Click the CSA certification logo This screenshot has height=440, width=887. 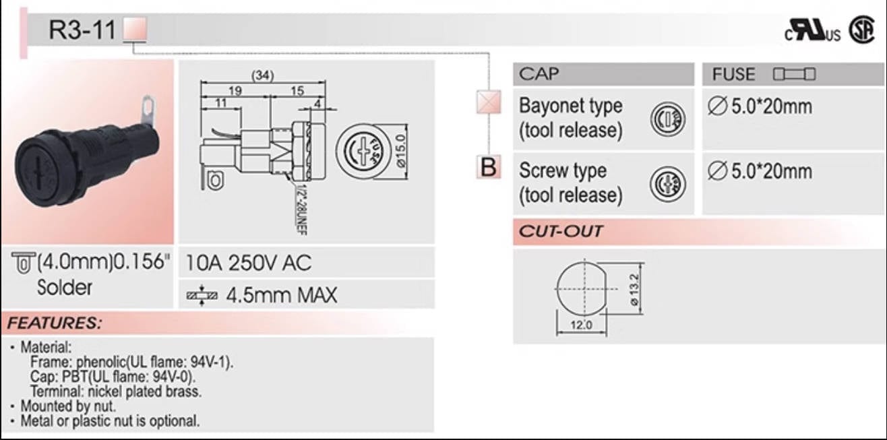coord(861,31)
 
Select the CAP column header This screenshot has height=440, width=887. coord(539,73)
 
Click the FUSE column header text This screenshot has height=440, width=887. coord(734,74)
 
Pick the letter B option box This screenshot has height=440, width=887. coord(488,167)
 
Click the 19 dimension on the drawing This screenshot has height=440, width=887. coord(234,91)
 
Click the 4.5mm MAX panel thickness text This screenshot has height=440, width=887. coord(281,295)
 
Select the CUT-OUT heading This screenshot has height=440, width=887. coord(560,232)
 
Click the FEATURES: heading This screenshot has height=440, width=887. coord(54,323)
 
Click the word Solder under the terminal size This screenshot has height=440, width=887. coord(65,288)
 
